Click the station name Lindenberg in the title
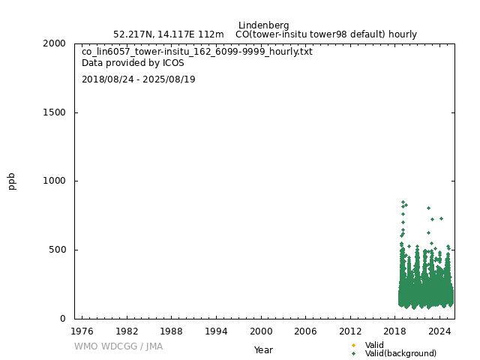pos(263,25)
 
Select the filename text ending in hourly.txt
pos(197,52)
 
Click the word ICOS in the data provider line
pos(172,63)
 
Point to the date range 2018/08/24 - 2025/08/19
pos(139,79)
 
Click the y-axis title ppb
pos(12,181)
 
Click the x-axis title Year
pos(263,350)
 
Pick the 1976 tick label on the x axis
pos(82,331)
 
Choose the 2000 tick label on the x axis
pos(261,331)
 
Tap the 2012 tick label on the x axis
pos(350,331)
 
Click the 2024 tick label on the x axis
pos(440,331)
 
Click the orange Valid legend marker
pos(353,345)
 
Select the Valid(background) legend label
pos(400,353)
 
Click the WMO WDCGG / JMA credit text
pos(118,346)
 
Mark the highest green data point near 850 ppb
pos(403,202)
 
